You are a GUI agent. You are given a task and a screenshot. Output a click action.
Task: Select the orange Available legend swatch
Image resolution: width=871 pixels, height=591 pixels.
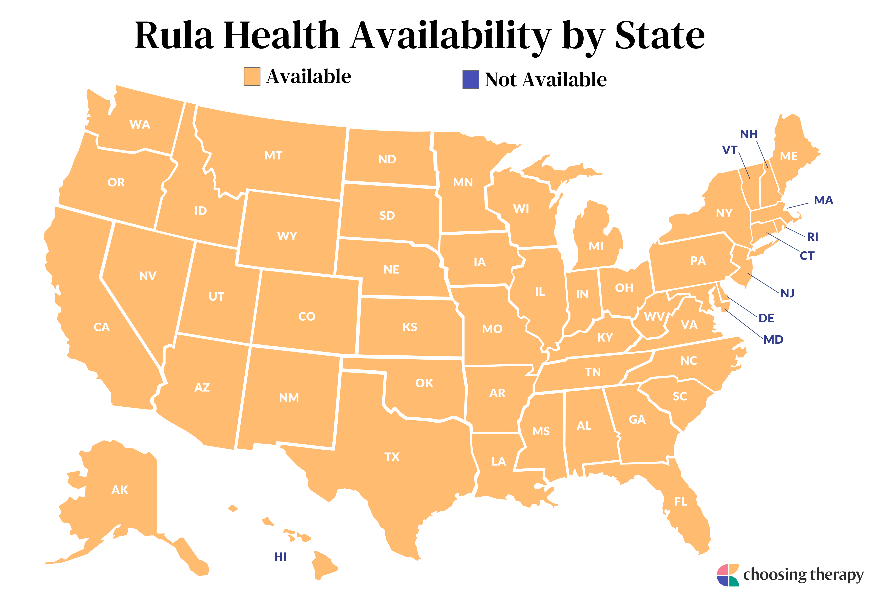click(252, 77)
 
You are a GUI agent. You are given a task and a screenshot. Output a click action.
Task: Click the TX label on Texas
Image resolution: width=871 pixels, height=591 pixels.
click(392, 457)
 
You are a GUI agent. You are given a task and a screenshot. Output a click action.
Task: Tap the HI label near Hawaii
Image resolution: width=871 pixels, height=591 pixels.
click(280, 557)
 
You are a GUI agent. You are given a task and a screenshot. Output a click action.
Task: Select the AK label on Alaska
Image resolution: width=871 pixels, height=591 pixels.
click(120, 490)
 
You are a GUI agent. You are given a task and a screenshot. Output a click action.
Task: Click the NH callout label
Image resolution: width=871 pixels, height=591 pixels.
click(749, 134)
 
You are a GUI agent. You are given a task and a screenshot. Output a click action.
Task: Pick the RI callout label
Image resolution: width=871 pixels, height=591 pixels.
click(813, 237)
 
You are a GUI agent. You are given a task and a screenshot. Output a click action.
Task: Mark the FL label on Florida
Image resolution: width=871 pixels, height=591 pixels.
click(681, 501)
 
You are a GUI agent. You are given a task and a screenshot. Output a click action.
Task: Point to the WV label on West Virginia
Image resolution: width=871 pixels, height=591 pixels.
click(654, 317)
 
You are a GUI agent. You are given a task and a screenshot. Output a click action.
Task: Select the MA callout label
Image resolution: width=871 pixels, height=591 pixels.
click(823, 200)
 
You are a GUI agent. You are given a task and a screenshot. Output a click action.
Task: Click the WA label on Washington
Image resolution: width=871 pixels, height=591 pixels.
click(140, 124)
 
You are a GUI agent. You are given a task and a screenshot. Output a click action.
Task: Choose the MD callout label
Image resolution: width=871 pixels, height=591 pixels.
click(773, 339)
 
